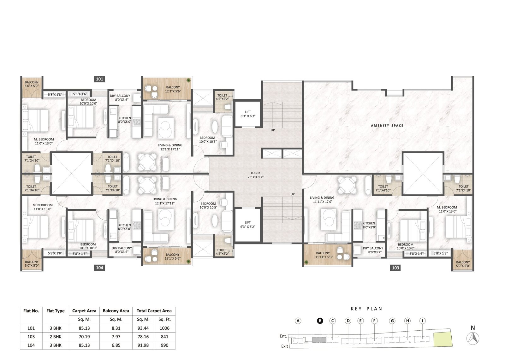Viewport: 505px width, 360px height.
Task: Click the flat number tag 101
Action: [99, 79]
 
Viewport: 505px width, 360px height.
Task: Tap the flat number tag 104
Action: [99, 268]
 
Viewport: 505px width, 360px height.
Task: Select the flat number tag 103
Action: [395, 268]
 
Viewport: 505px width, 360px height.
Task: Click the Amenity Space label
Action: [387, 126]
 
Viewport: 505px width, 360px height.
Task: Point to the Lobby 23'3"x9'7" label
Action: [255, 175]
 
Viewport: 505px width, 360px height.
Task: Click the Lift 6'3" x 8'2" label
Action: [248, 225]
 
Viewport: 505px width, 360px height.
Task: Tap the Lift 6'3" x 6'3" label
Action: [248, 114]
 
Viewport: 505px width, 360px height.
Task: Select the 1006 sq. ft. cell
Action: [164, 328]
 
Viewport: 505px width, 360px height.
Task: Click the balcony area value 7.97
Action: [116, 337]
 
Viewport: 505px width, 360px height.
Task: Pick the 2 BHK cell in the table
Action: [56, 337]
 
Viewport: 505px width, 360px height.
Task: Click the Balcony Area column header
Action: [116, 311]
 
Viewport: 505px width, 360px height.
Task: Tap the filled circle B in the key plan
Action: [320, 321]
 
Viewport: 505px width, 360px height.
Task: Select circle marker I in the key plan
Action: [423, 321]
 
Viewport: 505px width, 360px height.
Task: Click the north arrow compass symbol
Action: [473, 338]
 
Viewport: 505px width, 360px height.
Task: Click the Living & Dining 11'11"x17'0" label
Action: [322, 199]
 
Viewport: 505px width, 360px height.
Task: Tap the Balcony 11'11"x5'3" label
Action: [323, 255]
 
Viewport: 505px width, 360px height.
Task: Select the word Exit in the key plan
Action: [284, 346]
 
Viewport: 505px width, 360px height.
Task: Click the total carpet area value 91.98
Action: [143, 345]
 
